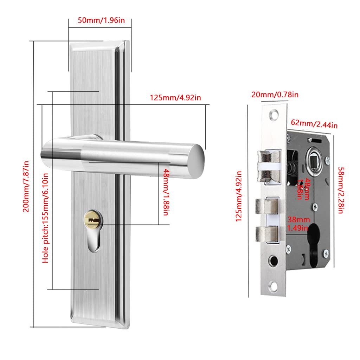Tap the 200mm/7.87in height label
point(26,186)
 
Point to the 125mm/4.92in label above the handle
point(175,97)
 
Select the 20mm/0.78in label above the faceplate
point(275,94)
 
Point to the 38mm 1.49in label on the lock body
point(298,224)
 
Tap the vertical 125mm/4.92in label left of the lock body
point(239,196)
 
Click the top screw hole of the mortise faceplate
point(274,115)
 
